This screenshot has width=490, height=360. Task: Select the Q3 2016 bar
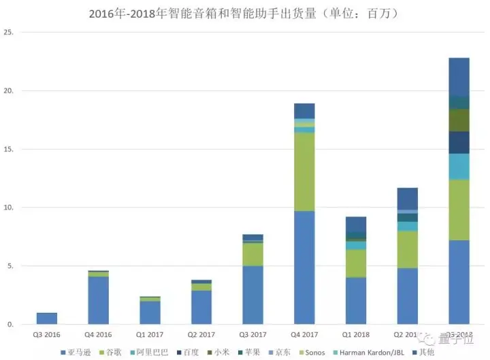pos(47,318)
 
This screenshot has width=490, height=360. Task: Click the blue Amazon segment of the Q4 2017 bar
pos(304,267)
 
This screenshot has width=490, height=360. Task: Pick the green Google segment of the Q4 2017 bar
pos(304,171)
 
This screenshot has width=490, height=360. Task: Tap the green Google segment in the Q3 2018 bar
pos(459,210)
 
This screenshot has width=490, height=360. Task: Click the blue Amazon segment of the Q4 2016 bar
pos(98,300)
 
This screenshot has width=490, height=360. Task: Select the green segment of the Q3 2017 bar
pos(252,254)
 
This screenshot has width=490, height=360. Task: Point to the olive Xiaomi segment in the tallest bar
pos(459,120)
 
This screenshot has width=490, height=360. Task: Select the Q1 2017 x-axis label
pos(150,335)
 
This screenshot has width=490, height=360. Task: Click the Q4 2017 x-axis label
pos(304,335)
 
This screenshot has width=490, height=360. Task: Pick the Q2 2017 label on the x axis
pos(201,335)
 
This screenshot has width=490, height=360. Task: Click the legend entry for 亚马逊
pos(78,352)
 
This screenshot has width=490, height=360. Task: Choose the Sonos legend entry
pos(310,352)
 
